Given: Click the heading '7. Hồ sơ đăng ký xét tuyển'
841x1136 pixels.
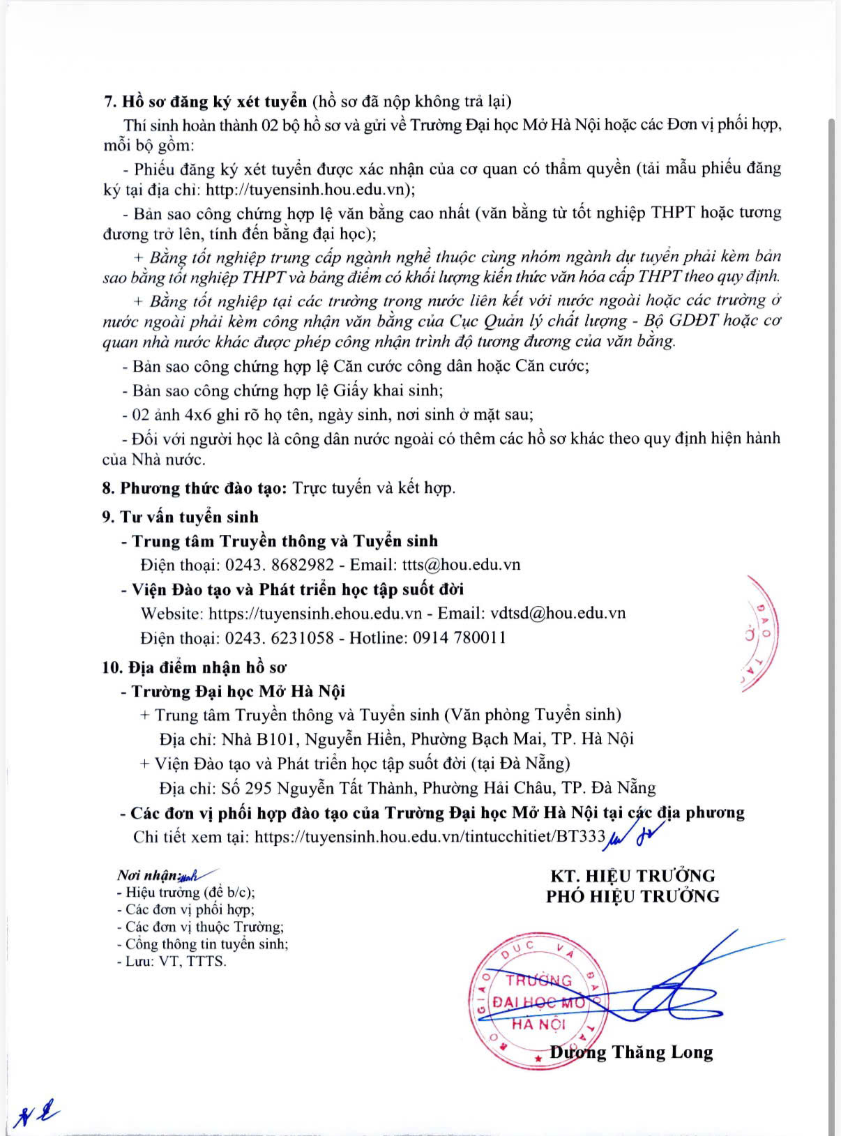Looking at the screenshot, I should coord(205,101).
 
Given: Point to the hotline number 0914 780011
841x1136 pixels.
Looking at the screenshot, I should coord(460,637).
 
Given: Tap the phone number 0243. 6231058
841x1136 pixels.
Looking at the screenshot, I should coord(279,637).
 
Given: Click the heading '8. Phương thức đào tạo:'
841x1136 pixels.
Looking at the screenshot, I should coord(195,487).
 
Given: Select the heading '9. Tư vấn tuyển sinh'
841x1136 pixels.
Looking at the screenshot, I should coord(180,517).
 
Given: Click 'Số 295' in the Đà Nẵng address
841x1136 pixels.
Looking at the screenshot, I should coord(246,788).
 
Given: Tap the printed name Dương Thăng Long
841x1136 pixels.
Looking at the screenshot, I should coord(631,1052).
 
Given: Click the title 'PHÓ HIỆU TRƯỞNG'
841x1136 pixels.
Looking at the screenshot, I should coord(632,896).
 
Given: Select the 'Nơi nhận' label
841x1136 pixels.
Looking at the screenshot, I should coord(148,875).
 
